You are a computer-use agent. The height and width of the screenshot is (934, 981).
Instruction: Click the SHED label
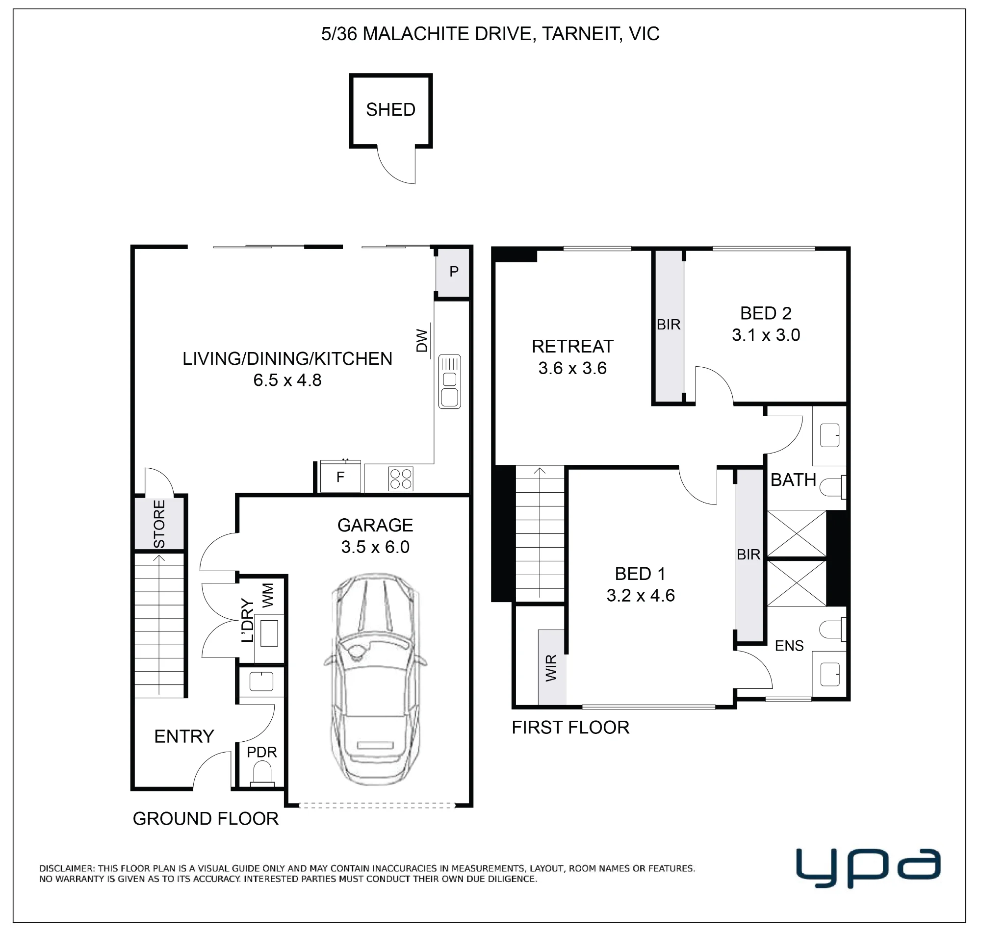390,109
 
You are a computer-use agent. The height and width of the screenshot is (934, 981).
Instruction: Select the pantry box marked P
453,272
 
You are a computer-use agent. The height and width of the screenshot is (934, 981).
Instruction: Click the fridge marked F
340,477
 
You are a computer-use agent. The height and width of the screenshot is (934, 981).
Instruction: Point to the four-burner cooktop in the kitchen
401,479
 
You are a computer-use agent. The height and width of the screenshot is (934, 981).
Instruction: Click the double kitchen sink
449,382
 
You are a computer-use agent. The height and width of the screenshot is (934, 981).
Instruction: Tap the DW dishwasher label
422,341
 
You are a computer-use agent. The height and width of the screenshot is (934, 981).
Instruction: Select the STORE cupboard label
159,524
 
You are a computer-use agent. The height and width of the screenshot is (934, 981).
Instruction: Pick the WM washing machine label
268,595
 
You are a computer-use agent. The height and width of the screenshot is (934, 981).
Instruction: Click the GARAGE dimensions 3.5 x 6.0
375,547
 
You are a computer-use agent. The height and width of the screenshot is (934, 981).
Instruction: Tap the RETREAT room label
573,346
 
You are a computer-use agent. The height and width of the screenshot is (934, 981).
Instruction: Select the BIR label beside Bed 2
668,325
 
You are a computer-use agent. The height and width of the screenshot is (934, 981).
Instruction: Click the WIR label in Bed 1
551,668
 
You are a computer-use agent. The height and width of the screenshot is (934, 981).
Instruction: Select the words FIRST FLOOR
570,728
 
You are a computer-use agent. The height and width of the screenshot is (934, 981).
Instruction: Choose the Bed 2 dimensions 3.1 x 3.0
766,334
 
